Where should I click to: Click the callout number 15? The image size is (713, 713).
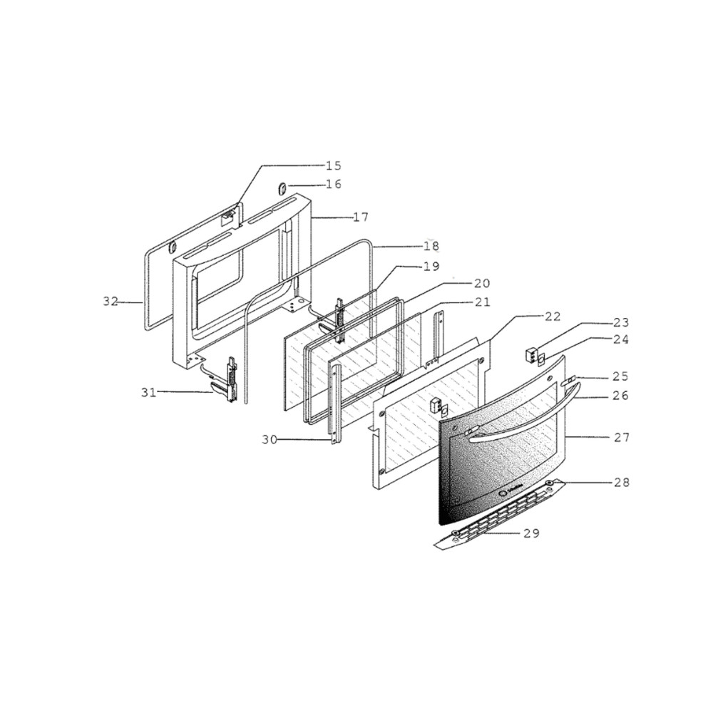tap(333, 165)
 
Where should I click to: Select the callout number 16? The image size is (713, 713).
tap(333, 185)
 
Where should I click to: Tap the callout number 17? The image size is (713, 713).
tap(361, 217)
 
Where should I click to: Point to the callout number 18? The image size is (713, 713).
tap(431, 246)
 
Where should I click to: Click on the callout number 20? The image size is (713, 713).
tap(482, 283)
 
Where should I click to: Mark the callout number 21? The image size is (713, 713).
tap(482, 302)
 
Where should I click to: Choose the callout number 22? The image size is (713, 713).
tap(553, 317)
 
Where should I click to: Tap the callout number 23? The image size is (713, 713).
tap(621, 322)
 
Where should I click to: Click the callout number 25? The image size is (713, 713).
tap(621, 376)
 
